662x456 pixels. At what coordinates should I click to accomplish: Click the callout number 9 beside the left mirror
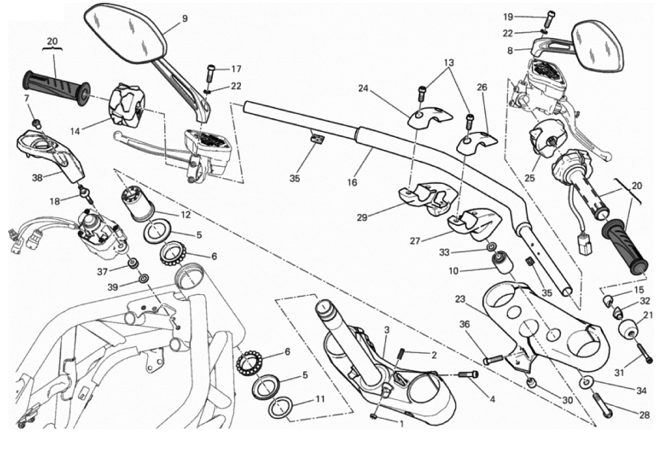184,18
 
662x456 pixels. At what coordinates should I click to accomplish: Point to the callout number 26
482,87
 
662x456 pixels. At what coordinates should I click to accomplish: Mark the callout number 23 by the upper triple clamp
460,299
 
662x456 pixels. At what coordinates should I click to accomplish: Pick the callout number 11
320,399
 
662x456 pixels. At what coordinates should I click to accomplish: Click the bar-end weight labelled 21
629,329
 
